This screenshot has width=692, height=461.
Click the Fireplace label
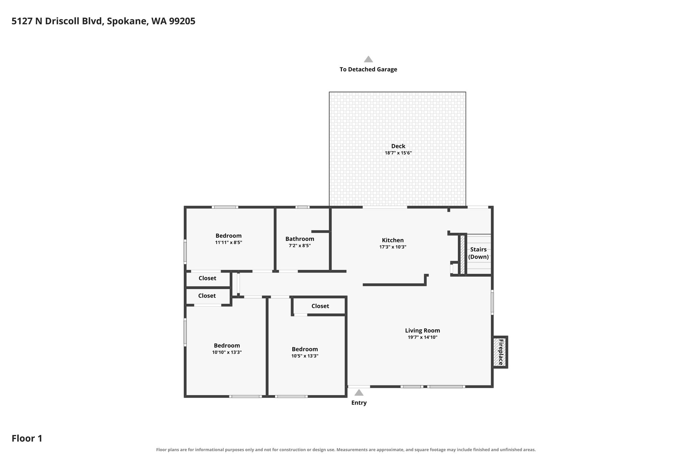tap(501, 352)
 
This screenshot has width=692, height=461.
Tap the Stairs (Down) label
tap(478, 253)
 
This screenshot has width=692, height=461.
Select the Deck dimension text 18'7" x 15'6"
tap(398, 153)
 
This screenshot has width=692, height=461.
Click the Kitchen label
tap(393, 240)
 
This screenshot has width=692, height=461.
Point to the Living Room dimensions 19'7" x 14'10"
tap(423, 337)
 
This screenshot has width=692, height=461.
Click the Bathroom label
tap(300, 239)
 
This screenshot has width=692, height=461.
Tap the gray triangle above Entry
tap(359, 392)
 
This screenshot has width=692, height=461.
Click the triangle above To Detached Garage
tap(368, 59)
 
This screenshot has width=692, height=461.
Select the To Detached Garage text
tap(368, 69)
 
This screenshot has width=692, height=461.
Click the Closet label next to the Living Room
tap(320, 306)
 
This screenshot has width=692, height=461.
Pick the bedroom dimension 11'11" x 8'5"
tap(229, 242)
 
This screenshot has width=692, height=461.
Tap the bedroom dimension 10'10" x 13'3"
tap(227, 352)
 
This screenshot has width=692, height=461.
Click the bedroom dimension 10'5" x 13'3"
tap(305, 356)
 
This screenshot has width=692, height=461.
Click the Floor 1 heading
tap(27, 438)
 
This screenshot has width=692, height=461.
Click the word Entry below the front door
tap(359, 403)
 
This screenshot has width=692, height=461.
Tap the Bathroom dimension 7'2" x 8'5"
tap(300, 246)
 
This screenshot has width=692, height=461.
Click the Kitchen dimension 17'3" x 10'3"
tap(393, 247)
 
